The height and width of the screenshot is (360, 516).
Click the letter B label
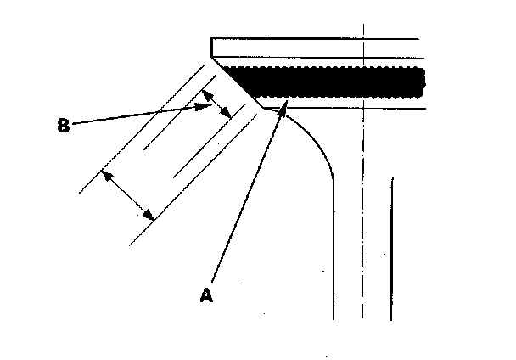point(62,126)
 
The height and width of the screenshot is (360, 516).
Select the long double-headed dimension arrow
point(127,194)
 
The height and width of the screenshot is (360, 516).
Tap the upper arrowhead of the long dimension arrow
point(103,172)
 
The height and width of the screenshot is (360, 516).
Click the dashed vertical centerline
point(363,212)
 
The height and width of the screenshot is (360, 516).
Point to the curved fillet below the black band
point(316,140)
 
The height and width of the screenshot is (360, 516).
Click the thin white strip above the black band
point(322,63)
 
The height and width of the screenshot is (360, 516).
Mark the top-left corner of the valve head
point(210,38)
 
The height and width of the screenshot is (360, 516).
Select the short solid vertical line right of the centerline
point(391,246)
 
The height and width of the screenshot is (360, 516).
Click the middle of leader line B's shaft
point(140,115)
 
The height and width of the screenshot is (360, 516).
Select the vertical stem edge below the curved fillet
point(334,255)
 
